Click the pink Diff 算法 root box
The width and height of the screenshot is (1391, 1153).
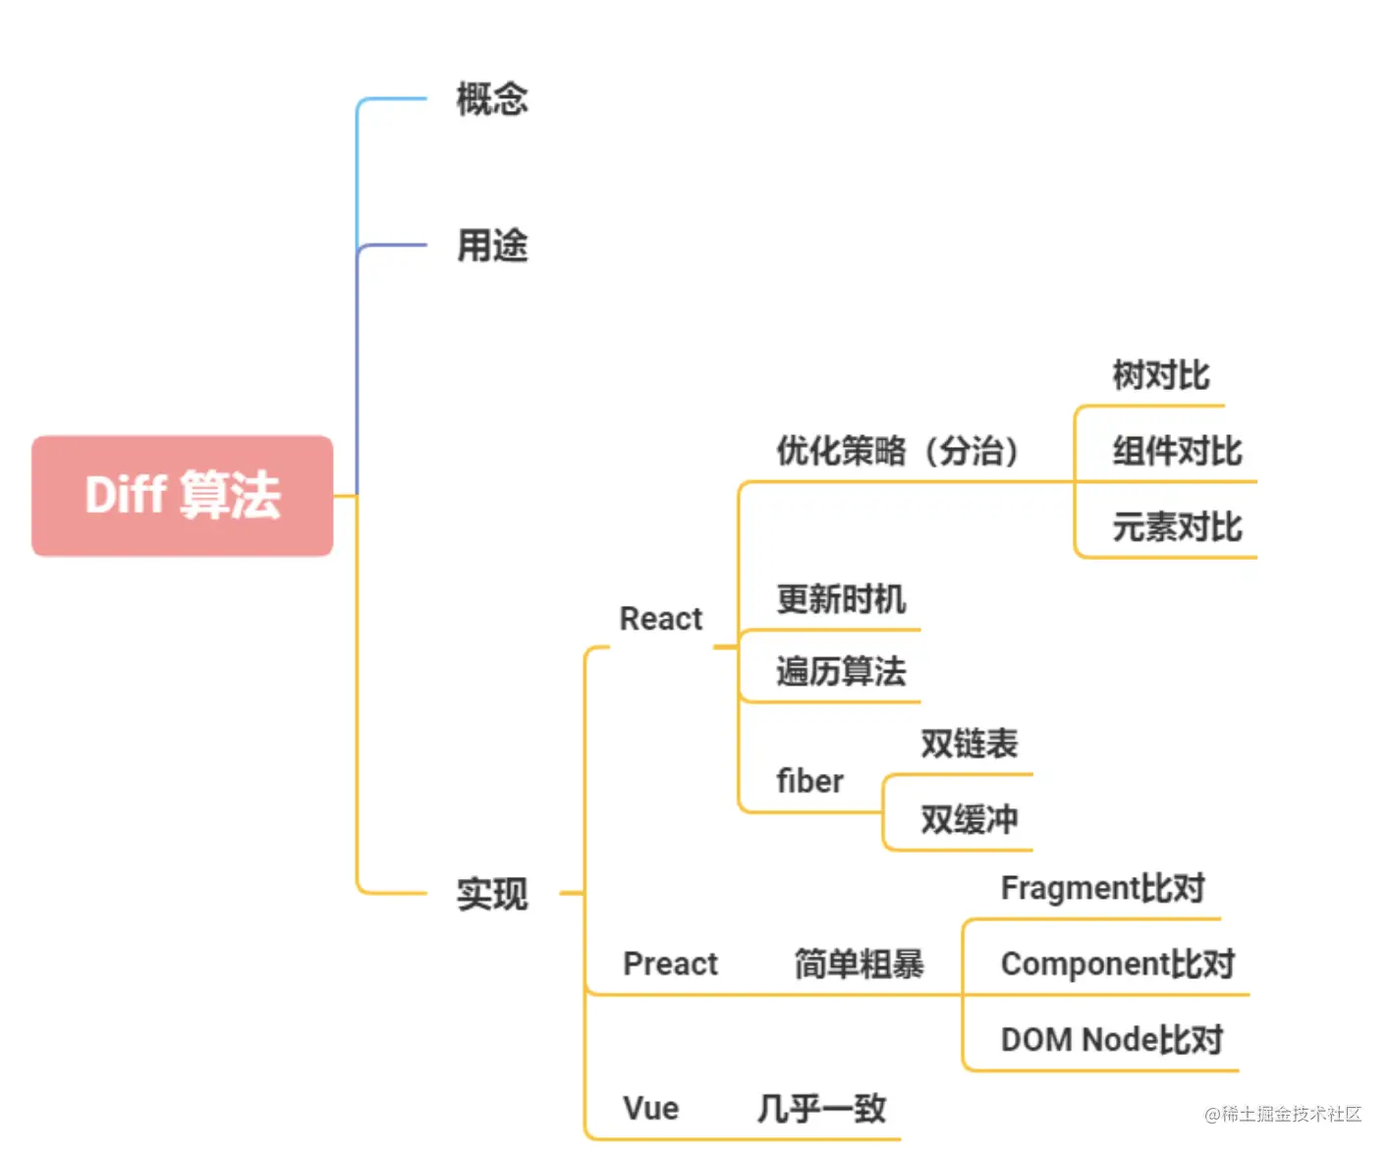[183, 495]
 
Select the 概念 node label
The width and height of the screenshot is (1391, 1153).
[492, 99]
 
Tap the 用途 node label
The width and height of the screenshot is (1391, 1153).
[492, 246]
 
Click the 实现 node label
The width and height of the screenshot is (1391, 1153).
[492, 894]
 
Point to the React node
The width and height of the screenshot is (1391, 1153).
[661, 619]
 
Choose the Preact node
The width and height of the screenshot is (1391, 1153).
[671, 963]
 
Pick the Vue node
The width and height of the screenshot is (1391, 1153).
[650, 1108]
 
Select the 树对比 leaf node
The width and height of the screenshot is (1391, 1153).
[1161, 375]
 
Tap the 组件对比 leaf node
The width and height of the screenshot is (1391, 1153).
[1177, 451]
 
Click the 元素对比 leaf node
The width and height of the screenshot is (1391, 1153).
[1177, 527]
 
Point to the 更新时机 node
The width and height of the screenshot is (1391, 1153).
[841, 599]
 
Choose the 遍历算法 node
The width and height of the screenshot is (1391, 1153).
[841, 672]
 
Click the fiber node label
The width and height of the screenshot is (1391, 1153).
[809, 781]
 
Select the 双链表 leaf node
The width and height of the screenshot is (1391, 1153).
[969, 743]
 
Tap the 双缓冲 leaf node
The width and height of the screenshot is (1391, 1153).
[969, 819]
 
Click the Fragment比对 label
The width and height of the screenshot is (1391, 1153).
[1102, 888]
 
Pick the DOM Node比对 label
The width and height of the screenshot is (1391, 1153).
[1112, 1039]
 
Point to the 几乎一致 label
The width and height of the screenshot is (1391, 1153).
[821, 1109]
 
